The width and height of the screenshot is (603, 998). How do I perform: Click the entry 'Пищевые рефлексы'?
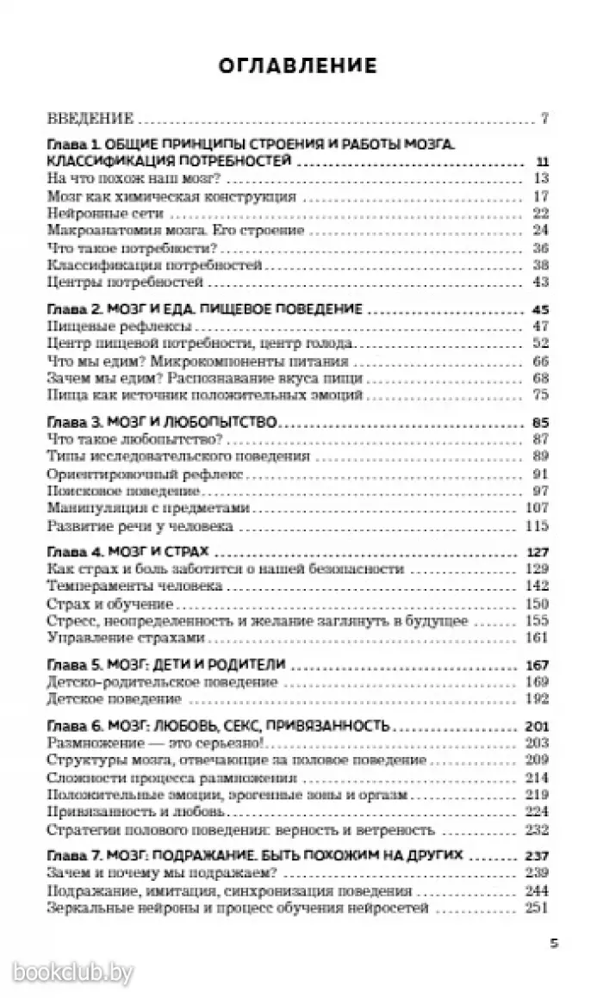104,326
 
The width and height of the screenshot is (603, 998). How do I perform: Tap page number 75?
541,394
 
